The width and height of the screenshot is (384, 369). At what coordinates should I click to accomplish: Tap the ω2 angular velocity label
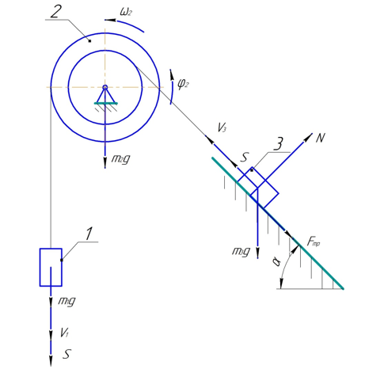[x=126, y=12]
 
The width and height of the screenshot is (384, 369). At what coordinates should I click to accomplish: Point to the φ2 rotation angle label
[x=183, y=85]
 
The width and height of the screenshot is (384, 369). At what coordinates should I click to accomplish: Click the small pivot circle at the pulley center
[x=105, y=87]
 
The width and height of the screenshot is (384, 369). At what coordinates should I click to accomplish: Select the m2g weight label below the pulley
[x=121, y=159]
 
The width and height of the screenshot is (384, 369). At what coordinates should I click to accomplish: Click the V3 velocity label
[x=222, y=127]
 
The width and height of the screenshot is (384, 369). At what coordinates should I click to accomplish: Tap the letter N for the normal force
[x=321, y=138]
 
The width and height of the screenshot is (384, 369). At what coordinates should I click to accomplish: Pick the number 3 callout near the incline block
[x=278, y=144]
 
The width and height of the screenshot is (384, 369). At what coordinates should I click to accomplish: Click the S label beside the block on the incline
[x=245, y=158]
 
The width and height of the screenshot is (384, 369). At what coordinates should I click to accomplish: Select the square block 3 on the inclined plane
[x=257, y=188]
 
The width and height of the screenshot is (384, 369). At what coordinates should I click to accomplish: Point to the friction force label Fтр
[x=314, y=242]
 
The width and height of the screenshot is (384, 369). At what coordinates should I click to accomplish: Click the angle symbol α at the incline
[x=276, y=262]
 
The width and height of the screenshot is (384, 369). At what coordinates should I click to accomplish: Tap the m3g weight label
[x=241, y=251]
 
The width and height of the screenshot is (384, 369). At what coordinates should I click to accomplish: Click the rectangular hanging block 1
[x=51, y=267]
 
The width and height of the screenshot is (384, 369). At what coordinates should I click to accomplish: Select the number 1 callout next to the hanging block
[x=89, y=234]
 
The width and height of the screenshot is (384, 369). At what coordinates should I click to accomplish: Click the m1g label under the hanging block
[x=67, y=301]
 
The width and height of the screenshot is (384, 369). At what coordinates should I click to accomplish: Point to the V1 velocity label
[x=64, y=333]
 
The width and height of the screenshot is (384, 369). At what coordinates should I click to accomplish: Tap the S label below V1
[x=67, y=354]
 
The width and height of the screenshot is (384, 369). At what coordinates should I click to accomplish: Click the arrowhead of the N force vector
[x=309, y=137]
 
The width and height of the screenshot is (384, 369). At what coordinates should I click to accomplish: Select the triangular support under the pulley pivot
[x=105, y=97]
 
